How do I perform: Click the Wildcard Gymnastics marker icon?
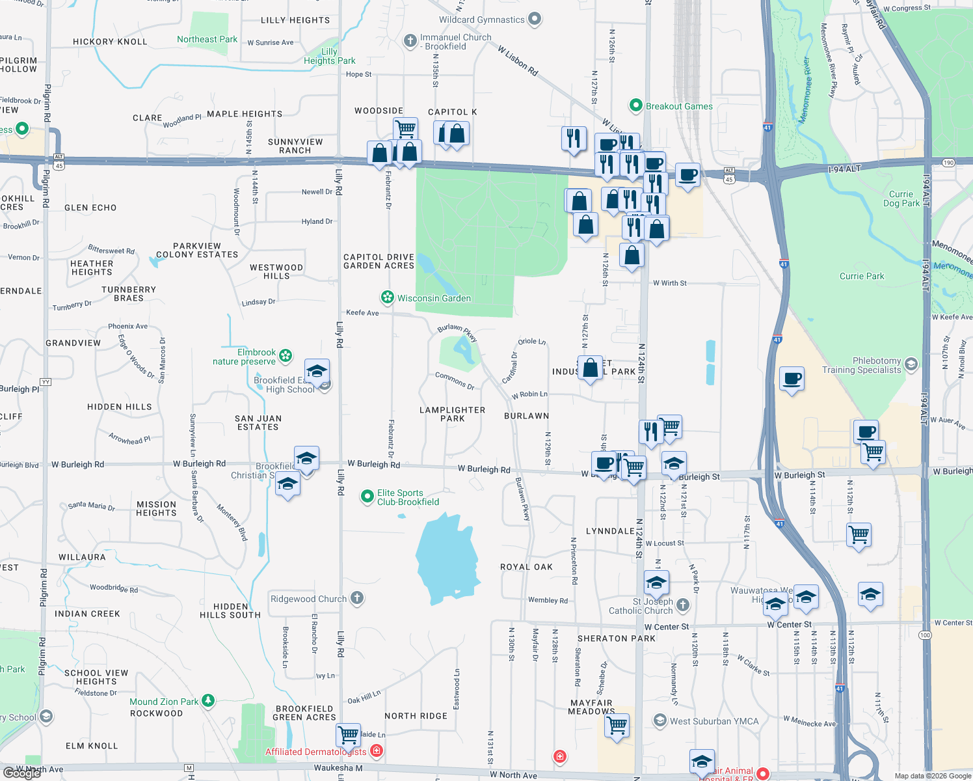click(x=535, y=20)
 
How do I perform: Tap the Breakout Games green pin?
click(x=635, y=105)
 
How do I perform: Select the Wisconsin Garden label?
click(x=434, y=298)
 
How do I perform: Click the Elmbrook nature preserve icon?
click(x=285, y=356)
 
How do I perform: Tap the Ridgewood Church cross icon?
click(x=356, y=598)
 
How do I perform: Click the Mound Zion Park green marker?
click(x=208, y=701)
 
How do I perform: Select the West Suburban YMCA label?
click(x=714, y=721)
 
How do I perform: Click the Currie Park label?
click(x=862, y=276)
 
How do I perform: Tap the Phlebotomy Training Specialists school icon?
click(x=911, y=364)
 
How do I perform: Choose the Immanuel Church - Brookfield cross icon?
click(x=410, y=42)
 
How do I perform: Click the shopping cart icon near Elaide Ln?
click(x=349, y=735)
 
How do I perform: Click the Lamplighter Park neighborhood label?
click(x=453, y=414)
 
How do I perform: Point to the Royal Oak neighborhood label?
click(x=526, y=567)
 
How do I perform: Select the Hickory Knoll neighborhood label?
click(x=110, y=42)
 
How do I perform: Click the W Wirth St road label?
click(x=669, y=283)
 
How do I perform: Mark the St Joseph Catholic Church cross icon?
click(x=682, y=605)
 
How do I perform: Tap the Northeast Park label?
click(x=207, y=39)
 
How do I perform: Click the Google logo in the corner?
click(x=21, y=773)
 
